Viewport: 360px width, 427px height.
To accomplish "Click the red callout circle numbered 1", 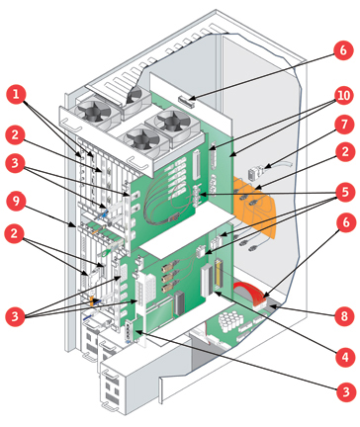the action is [x=16, y=94].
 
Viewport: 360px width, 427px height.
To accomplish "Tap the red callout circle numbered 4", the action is [x=344, y=357].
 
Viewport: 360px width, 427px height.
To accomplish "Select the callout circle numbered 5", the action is [x=344, y=192].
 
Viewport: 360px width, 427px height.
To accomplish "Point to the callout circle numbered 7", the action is [x=344, y=125].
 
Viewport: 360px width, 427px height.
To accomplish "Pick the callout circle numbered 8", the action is [x=344, y=316].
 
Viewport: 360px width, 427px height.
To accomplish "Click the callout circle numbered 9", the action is [x=16, y=201].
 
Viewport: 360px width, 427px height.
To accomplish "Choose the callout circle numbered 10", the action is [x=344, y=95].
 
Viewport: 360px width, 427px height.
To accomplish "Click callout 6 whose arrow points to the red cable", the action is [x=345, y=222].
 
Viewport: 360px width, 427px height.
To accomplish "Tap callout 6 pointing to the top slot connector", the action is [x=343, y=50].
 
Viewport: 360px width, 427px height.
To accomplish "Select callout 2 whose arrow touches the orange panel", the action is [x=344, y=152].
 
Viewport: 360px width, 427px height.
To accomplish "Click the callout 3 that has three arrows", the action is [x=15, y=316].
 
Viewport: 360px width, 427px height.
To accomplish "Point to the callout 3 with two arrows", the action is [x=15, y=163].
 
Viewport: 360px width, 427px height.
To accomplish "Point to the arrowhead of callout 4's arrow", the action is [x=216, y=293].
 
